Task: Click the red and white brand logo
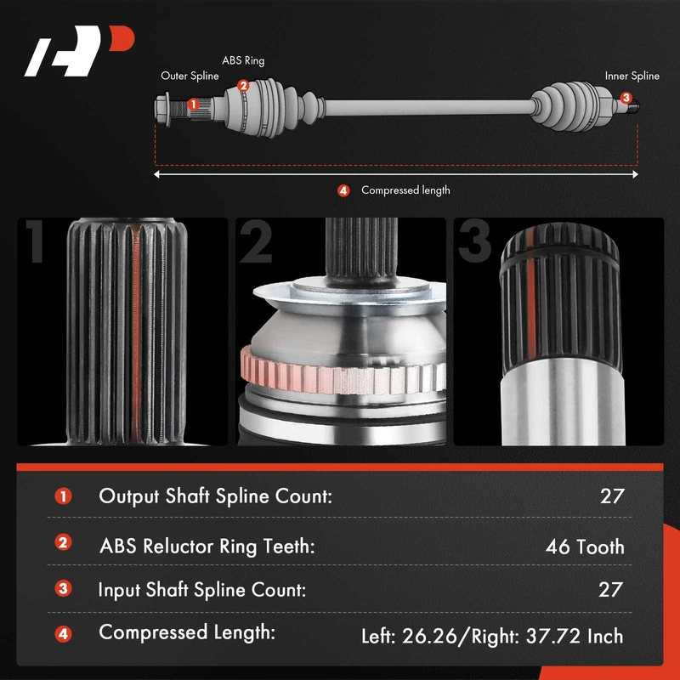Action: tap(79, 51)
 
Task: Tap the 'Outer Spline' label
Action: tap(190, 76)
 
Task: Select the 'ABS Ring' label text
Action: tap(243, 60)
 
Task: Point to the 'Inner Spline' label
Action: tap(632, 76)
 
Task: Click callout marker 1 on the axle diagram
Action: tap(194, 104)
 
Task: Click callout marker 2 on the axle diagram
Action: tap(243, 86)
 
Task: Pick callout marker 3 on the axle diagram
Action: tap(626, 98)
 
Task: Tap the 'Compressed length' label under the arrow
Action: tap(405, 190)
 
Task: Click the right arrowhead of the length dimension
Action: tap(635, 174)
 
